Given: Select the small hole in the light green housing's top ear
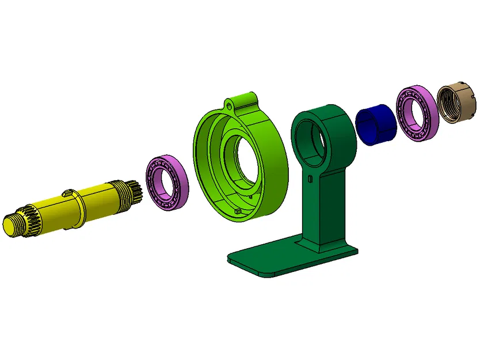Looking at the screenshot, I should tap(229, 105).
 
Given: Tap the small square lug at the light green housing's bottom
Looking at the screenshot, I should tap(238, 213).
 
